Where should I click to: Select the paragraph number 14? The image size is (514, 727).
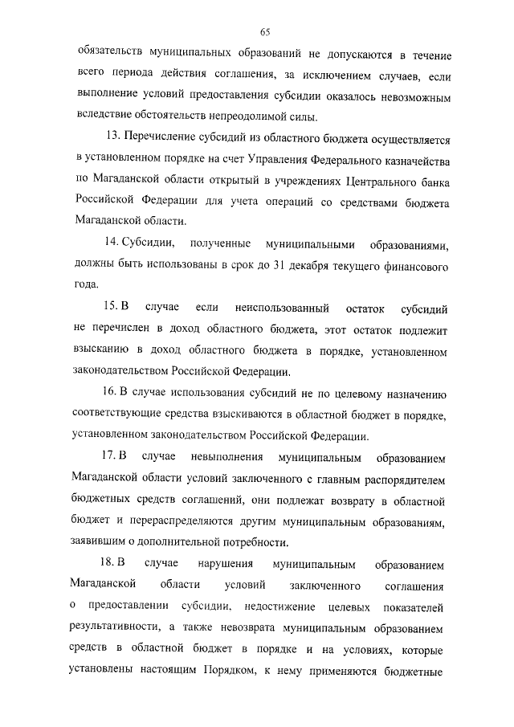click(x=111, y=243)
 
